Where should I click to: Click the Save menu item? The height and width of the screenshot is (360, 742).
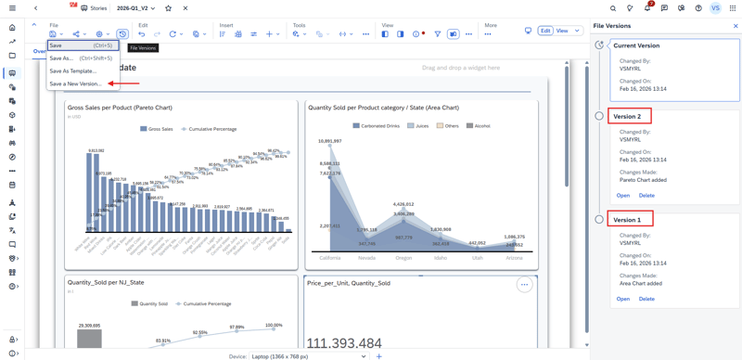(x=57, y=45)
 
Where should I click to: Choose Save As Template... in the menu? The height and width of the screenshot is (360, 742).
(x=72, y=71)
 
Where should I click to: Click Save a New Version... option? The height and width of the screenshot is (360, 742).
(x=75, y=84)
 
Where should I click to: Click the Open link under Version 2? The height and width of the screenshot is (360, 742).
(x=623, y=196)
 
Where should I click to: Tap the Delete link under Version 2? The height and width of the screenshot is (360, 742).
(x=646, y=196)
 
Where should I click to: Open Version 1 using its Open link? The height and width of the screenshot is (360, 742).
(x=623, y=299)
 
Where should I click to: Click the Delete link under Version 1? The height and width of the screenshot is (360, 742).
(x=646, y=299)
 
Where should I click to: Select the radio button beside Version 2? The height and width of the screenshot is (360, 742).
(x=599, y=116)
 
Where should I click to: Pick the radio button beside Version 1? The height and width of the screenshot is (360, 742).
(x=599, y=220)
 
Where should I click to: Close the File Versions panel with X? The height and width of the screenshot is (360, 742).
(x=736, y=26)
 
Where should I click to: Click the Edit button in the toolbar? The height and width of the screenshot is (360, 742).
(x=545, y=31)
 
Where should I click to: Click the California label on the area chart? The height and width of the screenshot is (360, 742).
(x=330, y=258)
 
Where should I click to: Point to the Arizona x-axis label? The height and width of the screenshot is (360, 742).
(x=515, y=258)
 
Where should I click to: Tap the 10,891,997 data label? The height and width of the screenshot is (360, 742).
(x=330, y=142)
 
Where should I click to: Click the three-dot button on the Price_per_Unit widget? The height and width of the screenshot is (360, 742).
(x=524, y=285)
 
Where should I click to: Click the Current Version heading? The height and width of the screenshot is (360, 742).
(x=636, y=45)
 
